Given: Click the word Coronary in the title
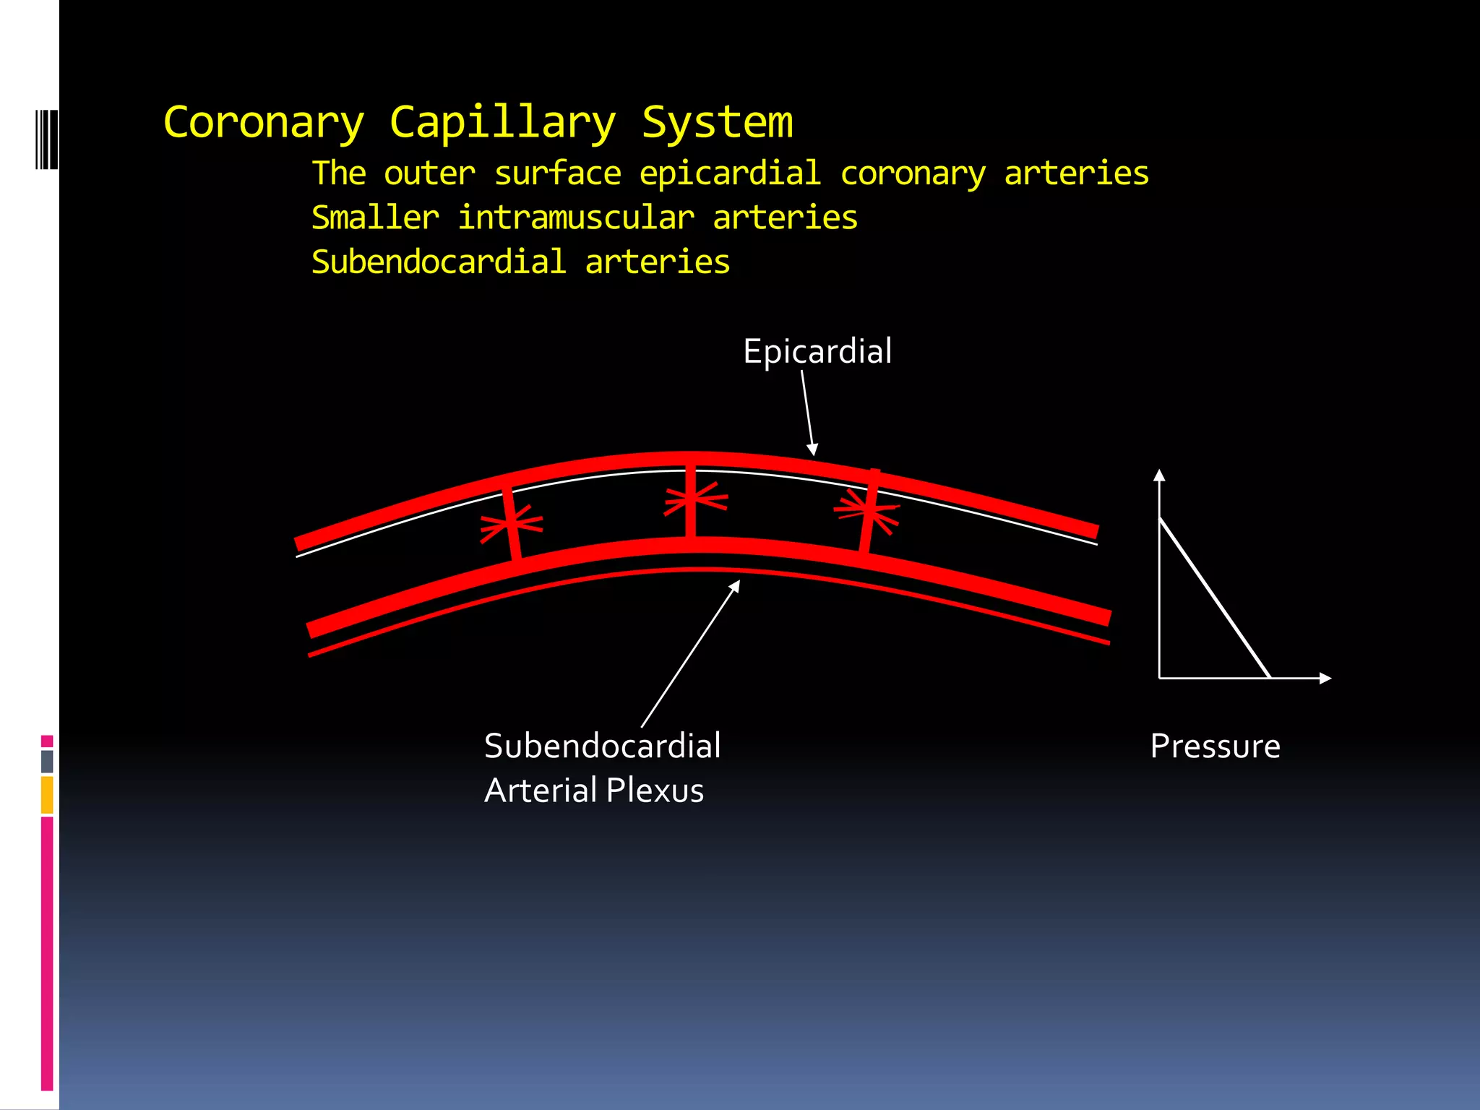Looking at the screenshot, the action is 264,123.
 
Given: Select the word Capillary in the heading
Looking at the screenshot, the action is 502,123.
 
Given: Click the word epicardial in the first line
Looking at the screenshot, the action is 730,174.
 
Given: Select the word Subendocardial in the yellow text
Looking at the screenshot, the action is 439,262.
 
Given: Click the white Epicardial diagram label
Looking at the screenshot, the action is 817,352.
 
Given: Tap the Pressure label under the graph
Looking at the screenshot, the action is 1215,747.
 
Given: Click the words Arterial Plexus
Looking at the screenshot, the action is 594,791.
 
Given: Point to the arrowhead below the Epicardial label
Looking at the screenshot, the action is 813,450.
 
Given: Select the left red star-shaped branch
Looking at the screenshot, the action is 512,523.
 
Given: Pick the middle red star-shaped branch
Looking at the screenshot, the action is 693,499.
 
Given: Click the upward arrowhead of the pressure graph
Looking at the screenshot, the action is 1159,475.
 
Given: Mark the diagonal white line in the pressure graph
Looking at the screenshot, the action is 1214,598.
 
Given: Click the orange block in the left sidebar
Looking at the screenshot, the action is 47,795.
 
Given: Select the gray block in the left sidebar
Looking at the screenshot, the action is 47,762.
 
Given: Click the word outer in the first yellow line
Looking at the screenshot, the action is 429,174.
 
